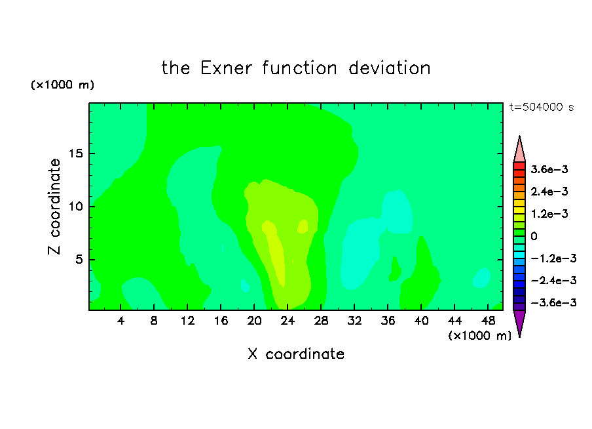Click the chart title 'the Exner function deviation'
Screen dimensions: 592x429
point(296,68)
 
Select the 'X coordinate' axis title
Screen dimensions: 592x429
point(296,354)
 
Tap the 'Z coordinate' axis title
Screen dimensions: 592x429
point(54,207)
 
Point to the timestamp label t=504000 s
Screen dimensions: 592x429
point(542,108)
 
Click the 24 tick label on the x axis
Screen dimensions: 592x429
point(287,321)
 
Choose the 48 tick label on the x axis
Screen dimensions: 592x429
point(488,321)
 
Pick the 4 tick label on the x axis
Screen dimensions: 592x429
point(120,321)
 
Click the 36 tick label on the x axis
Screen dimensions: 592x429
point(388,321)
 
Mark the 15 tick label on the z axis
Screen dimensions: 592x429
point(75,153)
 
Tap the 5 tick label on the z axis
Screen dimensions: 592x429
point(79,260)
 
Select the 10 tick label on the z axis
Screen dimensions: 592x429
point(75,207)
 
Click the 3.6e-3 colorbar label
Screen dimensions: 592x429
point(549,169)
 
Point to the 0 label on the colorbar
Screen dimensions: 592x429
point(534,236)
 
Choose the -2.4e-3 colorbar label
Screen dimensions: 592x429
point(553,281)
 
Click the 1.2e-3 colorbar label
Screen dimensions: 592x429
point(549,214)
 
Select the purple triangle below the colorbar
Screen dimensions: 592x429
point(519,321)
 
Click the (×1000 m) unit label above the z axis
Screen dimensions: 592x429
point(62,85)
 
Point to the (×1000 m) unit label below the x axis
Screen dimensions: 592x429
point(479,336)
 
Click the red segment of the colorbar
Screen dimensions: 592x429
point(519,166)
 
